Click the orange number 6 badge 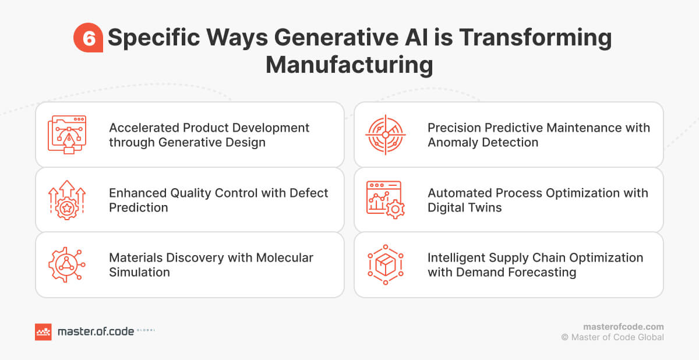[88, 38]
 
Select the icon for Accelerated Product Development [66, 135]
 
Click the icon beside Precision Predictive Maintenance [385, 135]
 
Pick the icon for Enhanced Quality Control [66, 200]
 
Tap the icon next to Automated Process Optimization [385, 200]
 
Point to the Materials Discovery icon [66, 264]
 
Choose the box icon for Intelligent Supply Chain [385, 264]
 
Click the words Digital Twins [464, 207]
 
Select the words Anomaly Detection [483, 142]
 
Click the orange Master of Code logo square [43, 331]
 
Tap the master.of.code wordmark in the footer [95, 331]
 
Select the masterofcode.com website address [623, 327]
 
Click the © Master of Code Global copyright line [612, 337]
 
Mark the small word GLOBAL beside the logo [146, 330]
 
